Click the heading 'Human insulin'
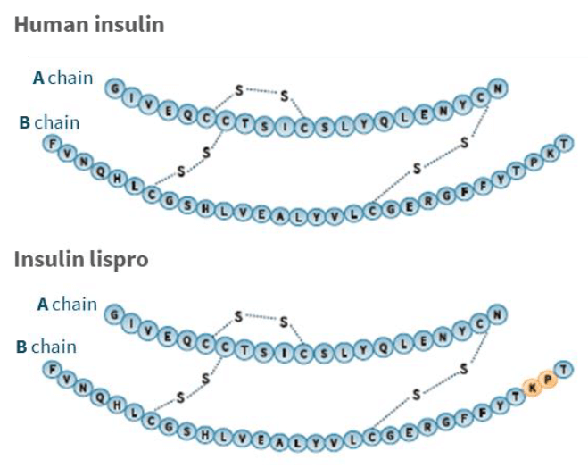(89, 24)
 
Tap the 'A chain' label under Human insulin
(62, 79)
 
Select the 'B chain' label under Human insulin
(49, 121)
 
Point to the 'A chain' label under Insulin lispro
(67, 305)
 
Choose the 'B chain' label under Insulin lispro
(47, 347)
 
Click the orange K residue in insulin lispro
(534, 387)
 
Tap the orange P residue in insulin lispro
(549, 379)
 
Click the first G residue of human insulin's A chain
(114, 88)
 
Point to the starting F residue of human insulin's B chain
(51, 143)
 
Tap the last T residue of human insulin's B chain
(563, 143)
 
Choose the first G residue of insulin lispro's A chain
(114, 313)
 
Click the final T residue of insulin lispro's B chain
(563, 368)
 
